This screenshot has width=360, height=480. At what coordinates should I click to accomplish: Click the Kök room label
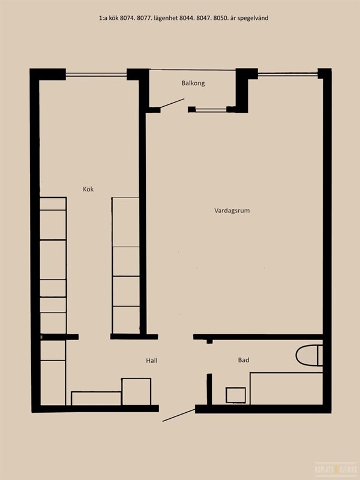coord(88,189)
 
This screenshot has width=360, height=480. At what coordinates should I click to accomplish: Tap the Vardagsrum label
coord(232,211)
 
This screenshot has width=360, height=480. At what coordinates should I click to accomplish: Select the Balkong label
coord(193,83)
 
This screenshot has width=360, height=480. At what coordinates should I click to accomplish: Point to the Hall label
coord(152,361)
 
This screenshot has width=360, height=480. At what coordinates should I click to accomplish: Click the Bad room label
coord(244,360)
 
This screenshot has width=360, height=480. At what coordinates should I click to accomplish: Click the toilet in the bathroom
coord(309,355)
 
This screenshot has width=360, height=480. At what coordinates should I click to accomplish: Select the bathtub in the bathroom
coord(286,388)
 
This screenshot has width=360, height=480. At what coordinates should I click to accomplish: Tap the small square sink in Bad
coord(235,395)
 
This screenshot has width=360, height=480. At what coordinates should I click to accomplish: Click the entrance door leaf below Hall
coord(179,415)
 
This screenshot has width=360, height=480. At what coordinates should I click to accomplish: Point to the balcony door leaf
coord(172,103)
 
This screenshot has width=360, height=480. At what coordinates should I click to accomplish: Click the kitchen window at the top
coord(96,74)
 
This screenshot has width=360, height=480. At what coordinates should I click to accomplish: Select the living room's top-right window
coord(288,74)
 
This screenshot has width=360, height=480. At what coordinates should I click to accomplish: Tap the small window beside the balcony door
coord(211,109)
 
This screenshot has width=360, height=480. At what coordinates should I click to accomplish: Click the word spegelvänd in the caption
coord(253,18)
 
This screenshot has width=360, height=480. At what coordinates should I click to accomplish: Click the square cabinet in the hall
coord(136,392)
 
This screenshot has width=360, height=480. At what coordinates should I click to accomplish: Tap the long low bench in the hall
coord(96,398)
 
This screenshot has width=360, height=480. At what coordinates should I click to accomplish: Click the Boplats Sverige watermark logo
coord(337,469)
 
